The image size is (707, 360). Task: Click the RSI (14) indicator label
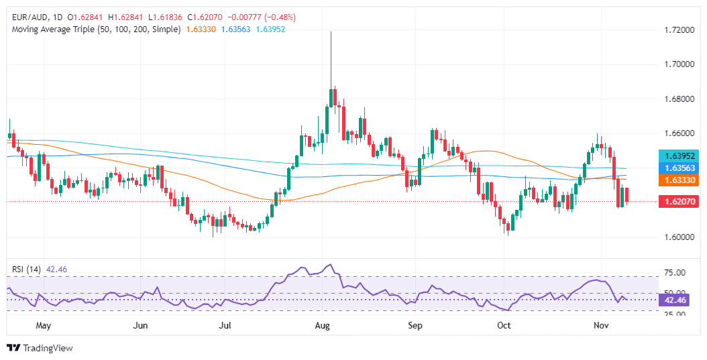tap(27, 269)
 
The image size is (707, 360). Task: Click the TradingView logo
tap(40, 348)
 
